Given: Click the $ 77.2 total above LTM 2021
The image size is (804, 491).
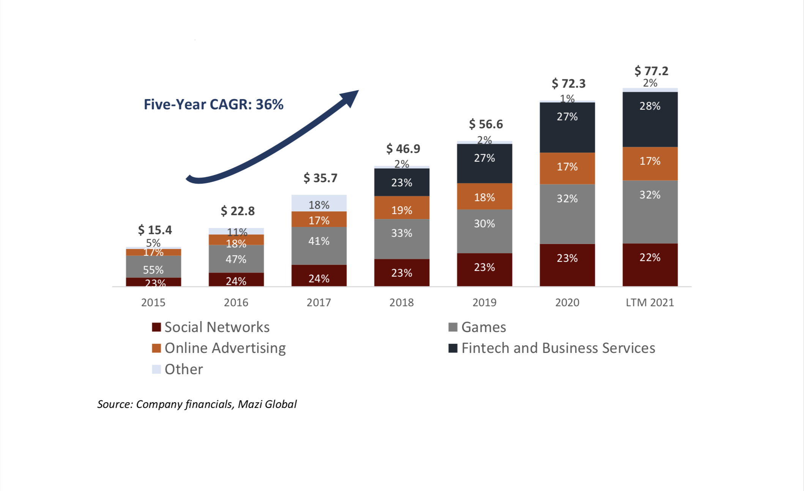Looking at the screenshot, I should pyautogui.click(x=651, y=71).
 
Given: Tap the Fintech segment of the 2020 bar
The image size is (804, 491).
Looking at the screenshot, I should pyautogui.click(x=567, y=127).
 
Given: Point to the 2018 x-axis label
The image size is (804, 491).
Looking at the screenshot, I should pyautogui.click(x=401, y=302).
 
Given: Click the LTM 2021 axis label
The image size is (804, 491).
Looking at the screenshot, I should pyautogui.click(x=650, y=302).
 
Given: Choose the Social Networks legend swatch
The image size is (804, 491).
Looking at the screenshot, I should pyautogui.click(x=156, y=327).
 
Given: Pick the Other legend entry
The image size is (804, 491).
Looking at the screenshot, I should pyautogui.click(x=183, y=369).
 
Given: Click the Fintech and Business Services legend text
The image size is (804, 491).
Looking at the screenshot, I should pyautogui.click(x=558, y=348).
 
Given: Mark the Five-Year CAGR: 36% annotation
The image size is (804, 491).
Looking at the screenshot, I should pyautogui.click(x=213, y=104).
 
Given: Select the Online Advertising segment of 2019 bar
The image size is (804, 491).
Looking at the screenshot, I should pyautogui.click(x=484, y=197).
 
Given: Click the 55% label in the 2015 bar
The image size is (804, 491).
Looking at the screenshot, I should pyautogui.click(x=153, y=270).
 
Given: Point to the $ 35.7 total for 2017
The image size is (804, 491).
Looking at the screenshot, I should pyautogui.click(x=320, y=178).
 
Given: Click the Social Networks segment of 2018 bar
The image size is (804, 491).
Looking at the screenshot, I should pyautogui.click(x=402, y=272).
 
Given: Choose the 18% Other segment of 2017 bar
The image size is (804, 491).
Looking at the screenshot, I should pyautogui.click(x=319, y=203).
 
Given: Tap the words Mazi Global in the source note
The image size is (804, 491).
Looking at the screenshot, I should pyautogui.click(x=267, y=404).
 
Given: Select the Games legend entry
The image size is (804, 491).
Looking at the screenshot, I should pyautogui.click(x=483, y=327).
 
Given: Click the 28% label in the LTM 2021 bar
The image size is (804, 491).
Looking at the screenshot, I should pyautogui.click(x=650, y=106).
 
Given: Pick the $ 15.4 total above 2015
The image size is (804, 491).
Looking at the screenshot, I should pyautogui.click(x=155, y=230).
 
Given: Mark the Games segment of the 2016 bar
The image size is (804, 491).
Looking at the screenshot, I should pyautogui.click(x=236, y=259).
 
